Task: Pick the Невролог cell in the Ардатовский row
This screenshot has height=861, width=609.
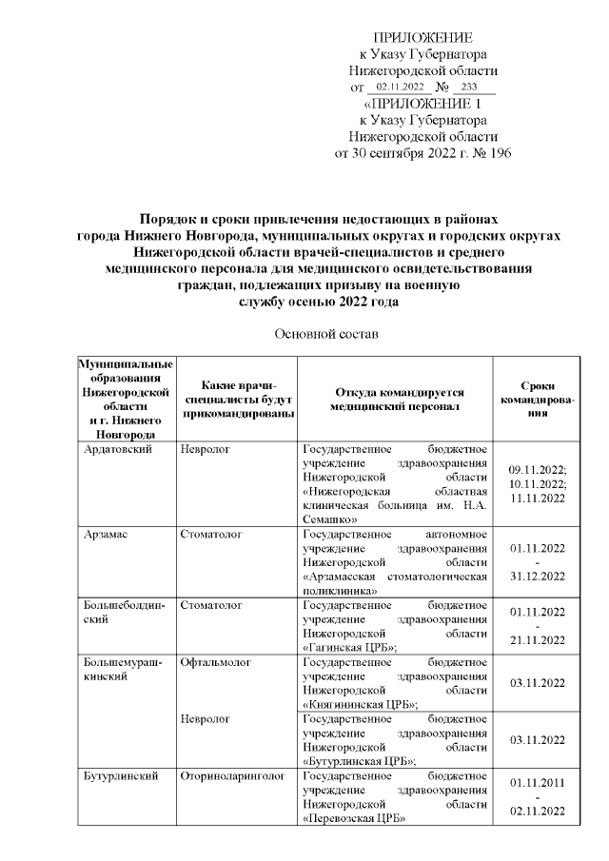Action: click(x=206, y=447)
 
